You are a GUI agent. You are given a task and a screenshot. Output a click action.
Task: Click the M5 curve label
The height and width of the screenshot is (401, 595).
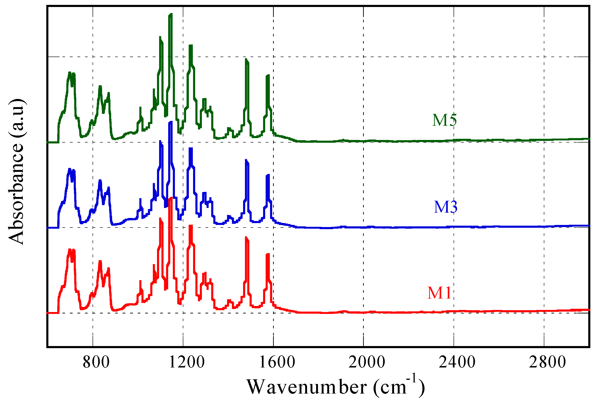(444, 120)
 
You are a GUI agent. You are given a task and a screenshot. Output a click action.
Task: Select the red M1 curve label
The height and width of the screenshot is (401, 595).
(439, 292)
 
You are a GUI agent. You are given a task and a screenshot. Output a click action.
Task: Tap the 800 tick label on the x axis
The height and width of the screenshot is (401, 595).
(96, 362)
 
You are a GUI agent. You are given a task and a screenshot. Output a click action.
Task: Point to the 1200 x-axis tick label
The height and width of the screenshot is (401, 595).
(187, 362)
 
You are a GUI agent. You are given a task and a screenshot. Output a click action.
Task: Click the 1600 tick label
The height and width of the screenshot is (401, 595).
(277, 362)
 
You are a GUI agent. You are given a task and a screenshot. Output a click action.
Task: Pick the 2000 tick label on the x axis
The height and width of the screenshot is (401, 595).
(367, 362)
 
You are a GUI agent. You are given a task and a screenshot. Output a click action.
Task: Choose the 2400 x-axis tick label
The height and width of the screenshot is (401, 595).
(457, 362)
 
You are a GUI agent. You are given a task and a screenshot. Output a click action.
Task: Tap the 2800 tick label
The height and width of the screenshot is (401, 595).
(547, 362)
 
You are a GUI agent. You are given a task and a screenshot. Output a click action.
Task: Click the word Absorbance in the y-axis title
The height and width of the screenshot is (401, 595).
(16, 194)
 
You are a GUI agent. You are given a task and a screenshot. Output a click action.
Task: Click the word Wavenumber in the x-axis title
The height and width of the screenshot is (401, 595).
(307, 387)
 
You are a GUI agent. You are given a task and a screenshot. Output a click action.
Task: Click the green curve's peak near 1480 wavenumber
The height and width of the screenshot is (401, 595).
(246, 59)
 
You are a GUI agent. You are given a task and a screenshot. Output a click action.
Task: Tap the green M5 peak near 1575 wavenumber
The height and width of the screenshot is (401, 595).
(268, 75)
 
